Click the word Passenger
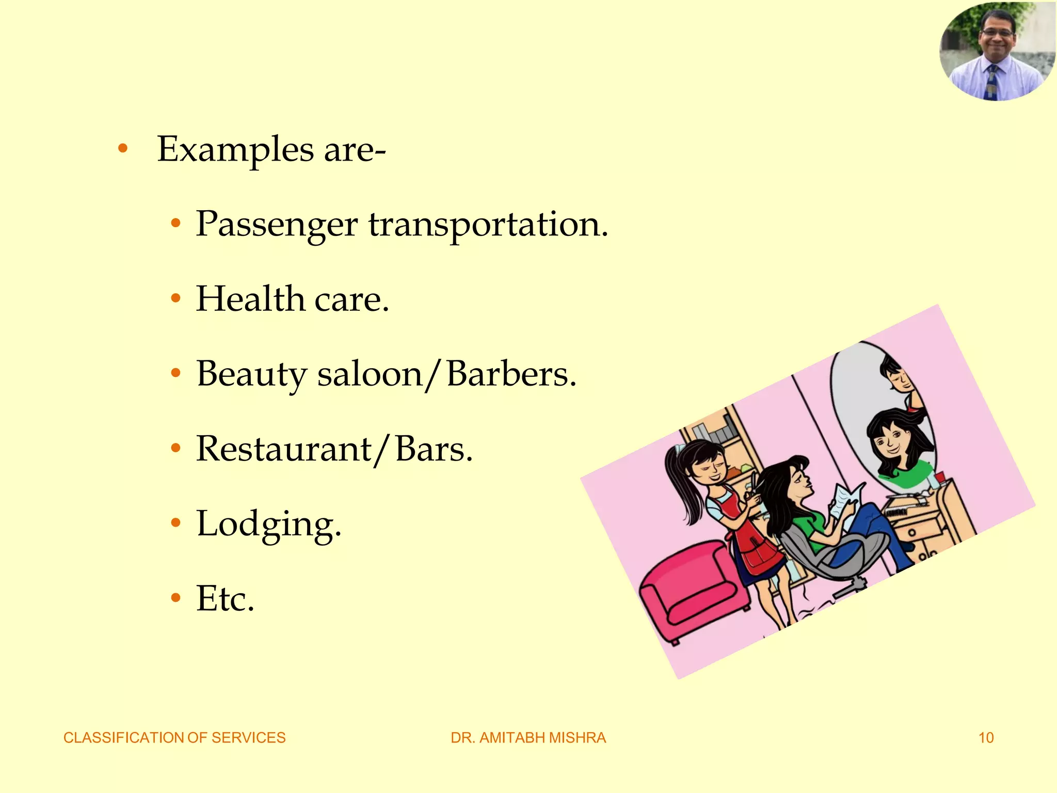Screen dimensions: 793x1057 click(277, 225)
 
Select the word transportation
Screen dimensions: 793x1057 click(488, 225)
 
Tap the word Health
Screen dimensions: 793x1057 click(250, 299)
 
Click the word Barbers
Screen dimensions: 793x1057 click(511, 374)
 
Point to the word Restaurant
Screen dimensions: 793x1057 click(284, 449)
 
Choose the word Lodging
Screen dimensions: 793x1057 click(268, 525)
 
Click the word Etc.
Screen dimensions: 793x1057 click(225, 599)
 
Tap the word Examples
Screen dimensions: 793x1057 click(235, 149)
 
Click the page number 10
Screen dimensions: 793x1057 click(986, 738)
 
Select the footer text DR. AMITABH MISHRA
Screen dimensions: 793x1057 click(528, 738)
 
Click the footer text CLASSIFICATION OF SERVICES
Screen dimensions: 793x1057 click(174, 738)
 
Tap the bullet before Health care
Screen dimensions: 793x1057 click(176, 298)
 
